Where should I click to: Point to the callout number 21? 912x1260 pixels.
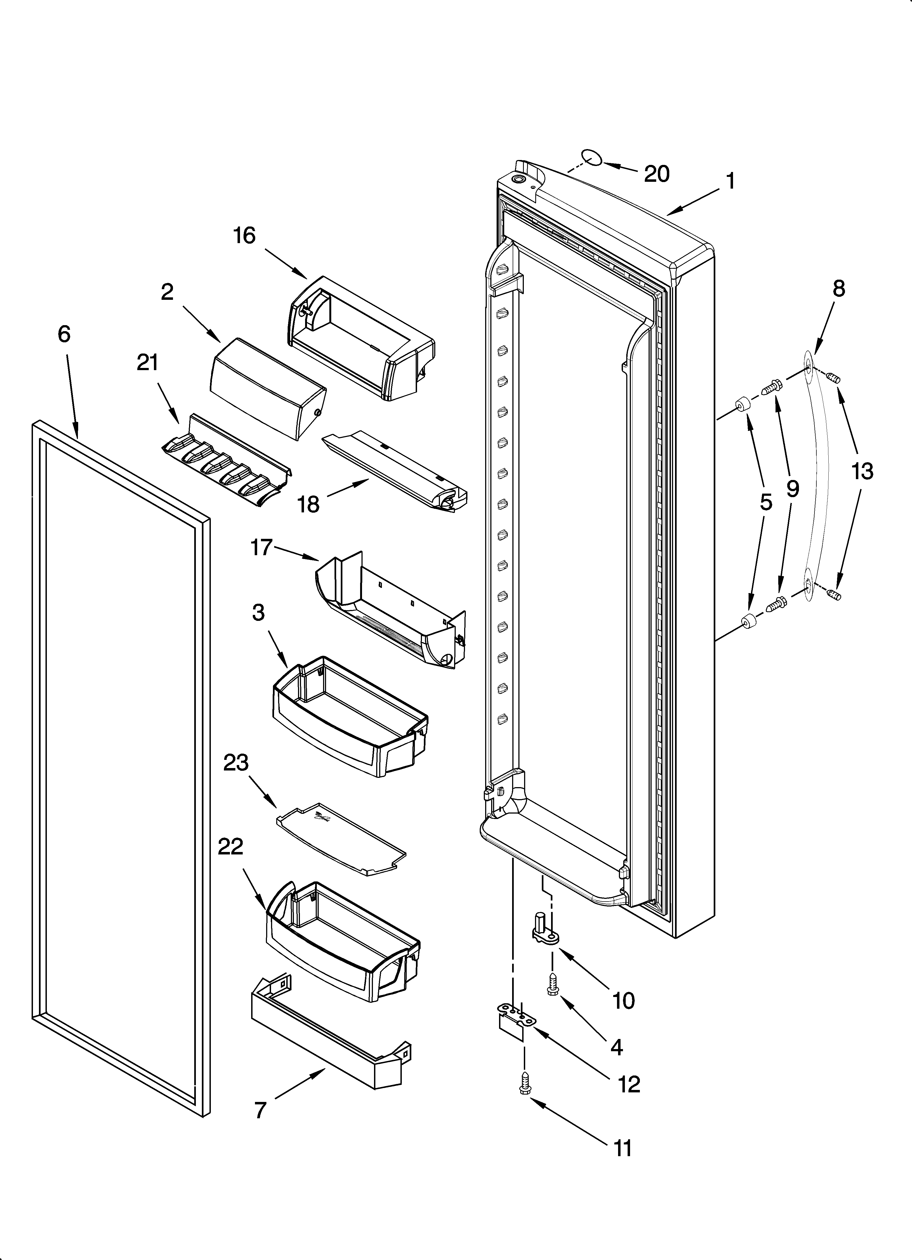pyautogui.click(x=148, y=363)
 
